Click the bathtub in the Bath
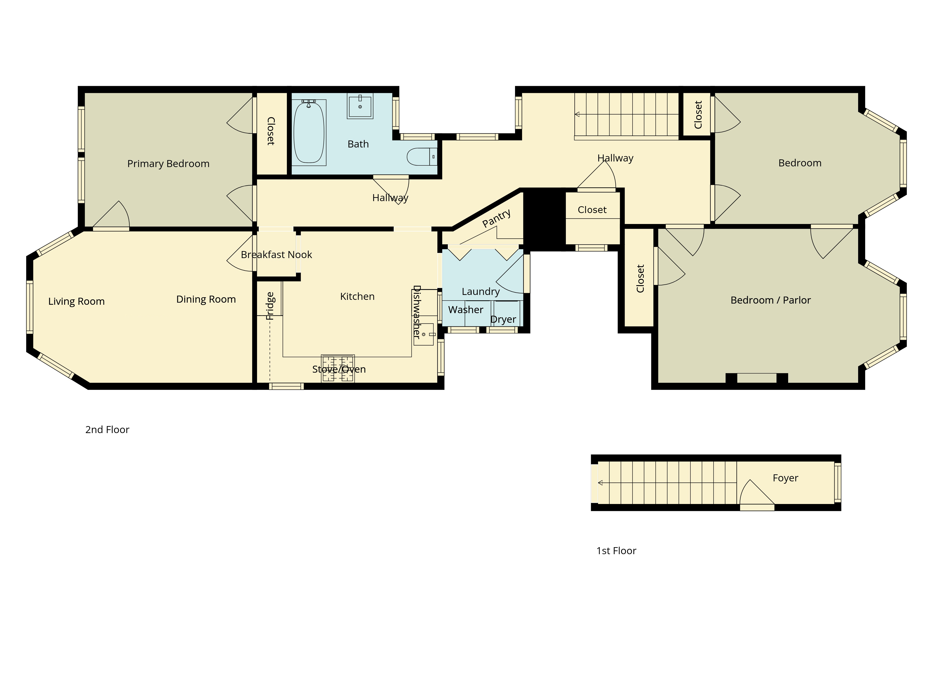tap(309, 132)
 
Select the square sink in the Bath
tap(360, 105)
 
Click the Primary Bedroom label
tap(168, 164)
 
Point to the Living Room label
tap(76, 301)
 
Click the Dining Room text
tap(206, 299)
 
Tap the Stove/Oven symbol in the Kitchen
tap(338, 368)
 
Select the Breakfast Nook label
tap(276, 254)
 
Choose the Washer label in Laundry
tap(466, 310)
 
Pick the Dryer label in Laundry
tap(503, 319)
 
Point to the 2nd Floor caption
tap(107, 430)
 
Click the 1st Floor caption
tap(616, 551)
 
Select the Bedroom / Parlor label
tap(771, 300)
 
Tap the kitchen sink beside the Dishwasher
tap(424, 334)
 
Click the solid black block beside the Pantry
tap(544, 219)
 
